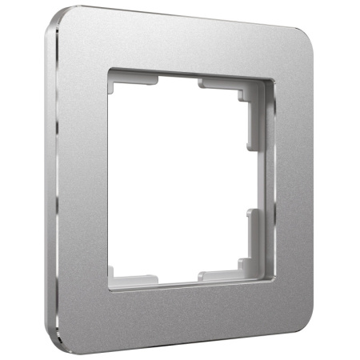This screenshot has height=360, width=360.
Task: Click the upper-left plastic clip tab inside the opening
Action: [133, 78]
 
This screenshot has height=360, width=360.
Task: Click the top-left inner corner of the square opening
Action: [111, 70]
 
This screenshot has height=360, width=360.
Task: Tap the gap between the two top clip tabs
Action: [178, 78]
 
